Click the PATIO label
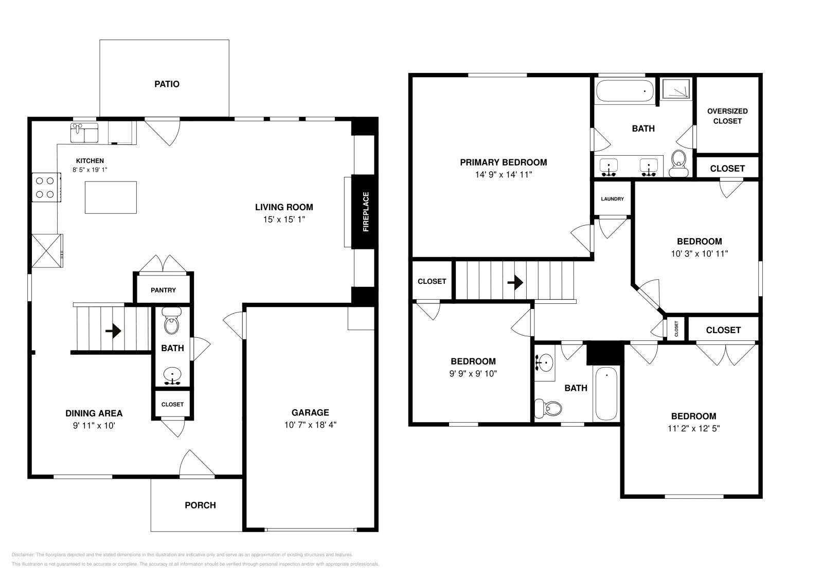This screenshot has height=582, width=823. [x=167, y=84]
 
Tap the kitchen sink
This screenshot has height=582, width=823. [x=84, y=133]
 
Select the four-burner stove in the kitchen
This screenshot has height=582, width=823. [x=46, y=187]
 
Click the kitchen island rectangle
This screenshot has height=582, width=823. [x=111, y=197]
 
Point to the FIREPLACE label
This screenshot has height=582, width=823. [x=366, y=212]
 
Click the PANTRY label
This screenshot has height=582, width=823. [x=163, y=290]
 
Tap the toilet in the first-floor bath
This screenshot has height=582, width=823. [x=172, y=321]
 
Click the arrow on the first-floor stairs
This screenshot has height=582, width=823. [x=113, y=331]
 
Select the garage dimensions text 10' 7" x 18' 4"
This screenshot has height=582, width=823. [x=311, y=425]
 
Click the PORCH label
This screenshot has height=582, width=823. [x=200, y=505]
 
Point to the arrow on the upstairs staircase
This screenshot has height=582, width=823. [x=515, y=283]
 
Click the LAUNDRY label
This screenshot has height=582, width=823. [x=613, y=199]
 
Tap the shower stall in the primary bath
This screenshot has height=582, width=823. [x=676, y=89]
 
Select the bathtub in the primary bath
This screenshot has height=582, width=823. [x=624, y=90]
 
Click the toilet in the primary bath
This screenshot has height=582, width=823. [x=678, y=163]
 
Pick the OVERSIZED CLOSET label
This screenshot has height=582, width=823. [x=727, y=116]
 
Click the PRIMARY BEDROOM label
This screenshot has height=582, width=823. [x=504, y=162]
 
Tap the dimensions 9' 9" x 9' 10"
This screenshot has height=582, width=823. [x=473, y=374]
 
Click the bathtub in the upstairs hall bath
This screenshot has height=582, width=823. [x=606, y=394]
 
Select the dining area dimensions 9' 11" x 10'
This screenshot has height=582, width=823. [x=94, y=426]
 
